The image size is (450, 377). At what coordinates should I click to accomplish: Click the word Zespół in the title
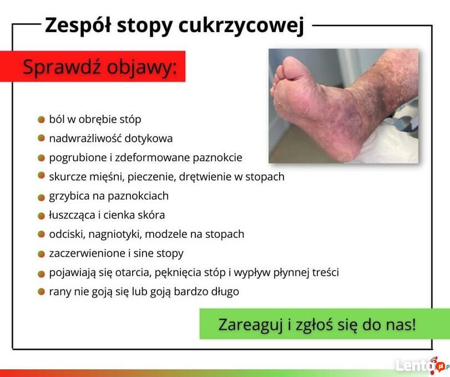coord(78,25)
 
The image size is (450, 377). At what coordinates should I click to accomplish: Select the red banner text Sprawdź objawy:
coord(99,67)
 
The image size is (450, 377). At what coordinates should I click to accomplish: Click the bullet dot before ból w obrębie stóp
coord(41,120)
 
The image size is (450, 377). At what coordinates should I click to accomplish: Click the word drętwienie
coord(205,177)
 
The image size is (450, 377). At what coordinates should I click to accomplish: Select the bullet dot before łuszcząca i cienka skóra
coord(41,216)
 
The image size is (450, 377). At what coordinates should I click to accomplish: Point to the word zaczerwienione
coord(87,253)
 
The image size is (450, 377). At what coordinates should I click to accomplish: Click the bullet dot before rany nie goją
coord(41,292)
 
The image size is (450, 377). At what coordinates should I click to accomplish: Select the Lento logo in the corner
coord(421,366)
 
